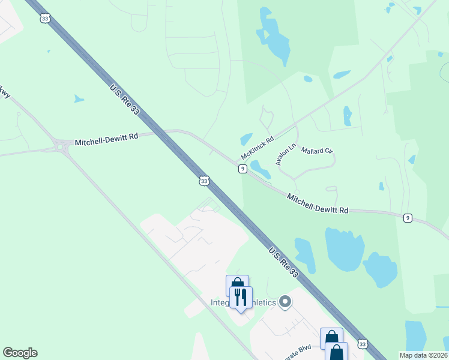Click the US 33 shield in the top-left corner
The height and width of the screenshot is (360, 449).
[x=45, y=19]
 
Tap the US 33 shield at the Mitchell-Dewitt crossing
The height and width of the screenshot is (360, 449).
[x=204, y=181]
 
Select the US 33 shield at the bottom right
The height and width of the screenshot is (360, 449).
[x=361, y=343]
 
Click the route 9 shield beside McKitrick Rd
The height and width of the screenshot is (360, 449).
[x=242, y=169]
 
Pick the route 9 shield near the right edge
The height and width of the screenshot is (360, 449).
[x=408, y=217]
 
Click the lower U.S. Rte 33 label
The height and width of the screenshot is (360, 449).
[x=284, y=263]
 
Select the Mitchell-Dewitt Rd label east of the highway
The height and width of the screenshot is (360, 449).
[x=318, y=203]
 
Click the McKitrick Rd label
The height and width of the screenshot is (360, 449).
[x=257, y=148]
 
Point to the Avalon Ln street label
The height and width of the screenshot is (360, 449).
[x=286, y=154]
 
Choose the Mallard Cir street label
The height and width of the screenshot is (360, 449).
[x=316, y=151]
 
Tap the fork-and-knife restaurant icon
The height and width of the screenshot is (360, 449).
[x=241, y=296]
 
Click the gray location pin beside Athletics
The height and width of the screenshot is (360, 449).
[x=286, y=302]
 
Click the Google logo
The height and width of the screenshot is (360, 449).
[x=20, y=353]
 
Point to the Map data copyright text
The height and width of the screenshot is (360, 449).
[x=423, y=355]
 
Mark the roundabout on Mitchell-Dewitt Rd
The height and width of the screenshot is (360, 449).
[x=61, y=146]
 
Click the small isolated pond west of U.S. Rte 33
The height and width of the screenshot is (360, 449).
[x=78, y=98]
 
